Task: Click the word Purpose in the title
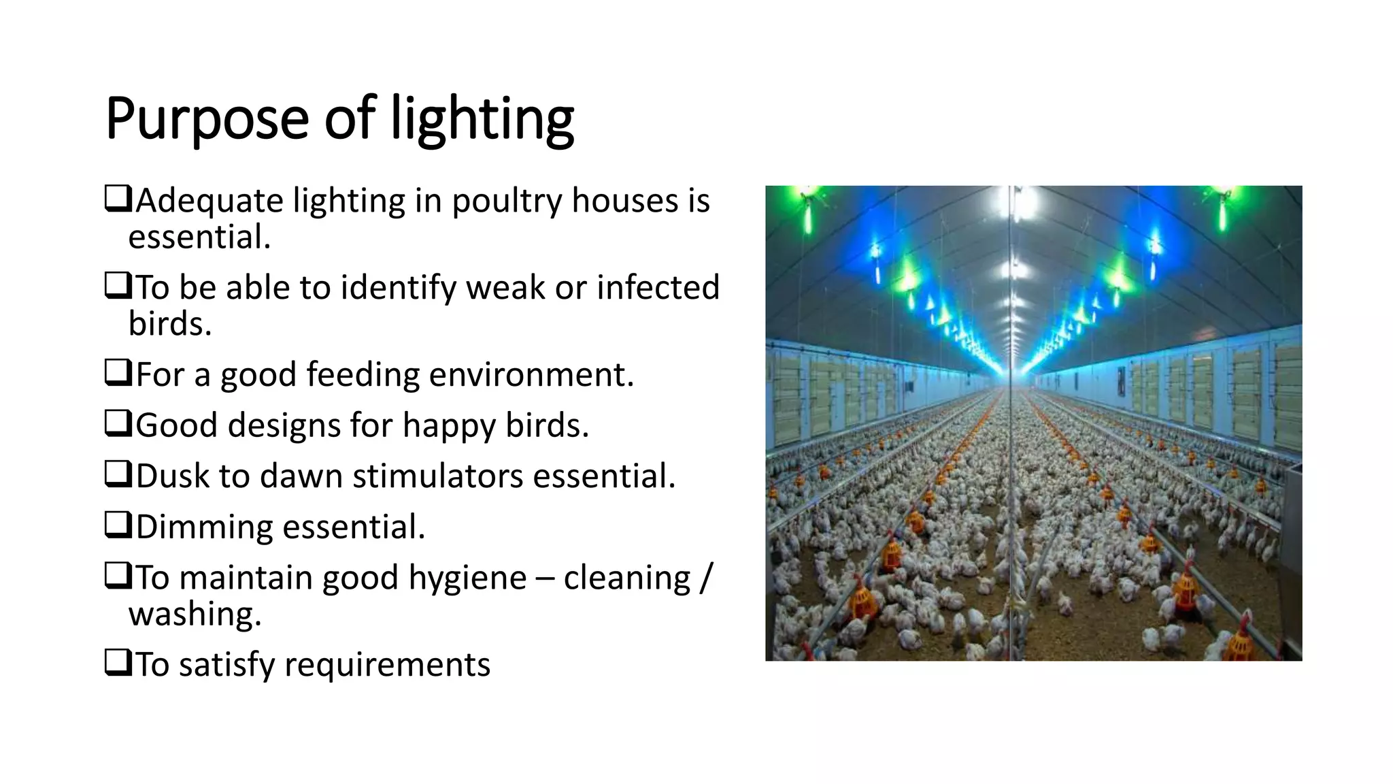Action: [207, 119]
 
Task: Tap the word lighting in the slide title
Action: [482, 119]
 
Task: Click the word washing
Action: [195, 615]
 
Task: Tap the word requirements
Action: [387, 665]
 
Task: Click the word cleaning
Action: [626, 578]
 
